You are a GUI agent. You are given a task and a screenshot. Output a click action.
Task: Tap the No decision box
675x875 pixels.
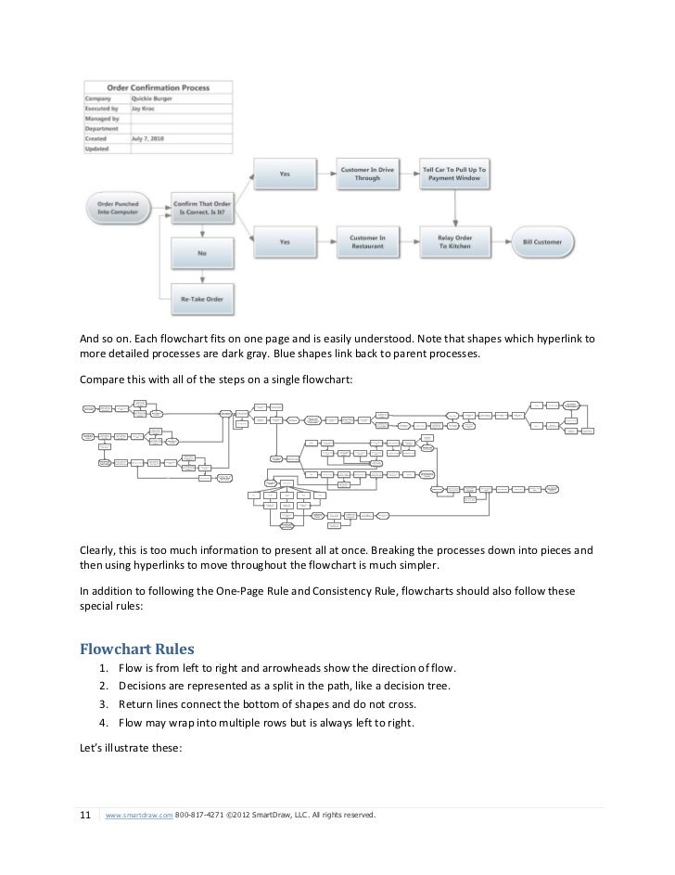click(202, 251)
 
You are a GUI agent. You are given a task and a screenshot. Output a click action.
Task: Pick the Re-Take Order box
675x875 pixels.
click(202, 300)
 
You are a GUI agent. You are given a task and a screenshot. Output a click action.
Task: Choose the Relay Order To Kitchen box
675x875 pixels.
click(453, 242)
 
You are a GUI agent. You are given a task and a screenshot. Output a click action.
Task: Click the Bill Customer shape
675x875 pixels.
click(542, 242)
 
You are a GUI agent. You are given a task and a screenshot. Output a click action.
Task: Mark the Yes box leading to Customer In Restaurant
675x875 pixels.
click(284, 242)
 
